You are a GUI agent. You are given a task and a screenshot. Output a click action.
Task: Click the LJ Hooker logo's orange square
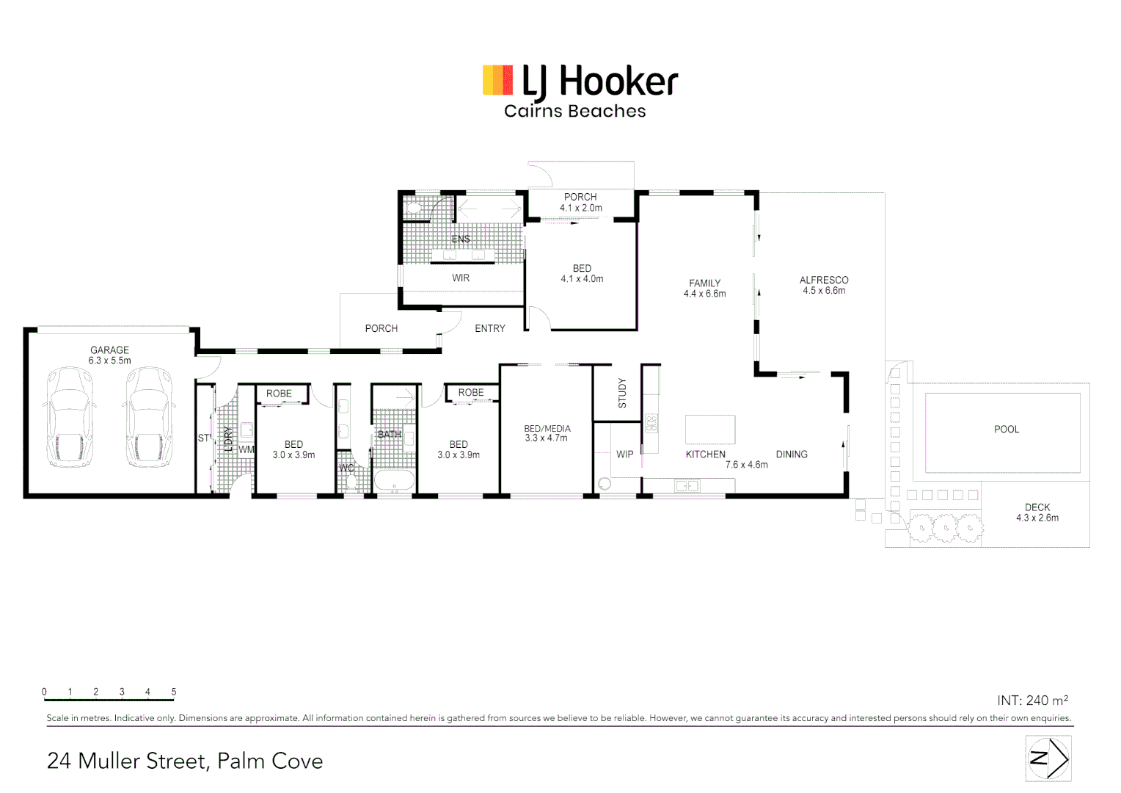click(x=497, y=80)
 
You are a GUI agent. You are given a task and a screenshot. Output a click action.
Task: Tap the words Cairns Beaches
click(x=574, y=112)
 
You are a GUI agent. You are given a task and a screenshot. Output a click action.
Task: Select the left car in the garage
click(x=70, y=417)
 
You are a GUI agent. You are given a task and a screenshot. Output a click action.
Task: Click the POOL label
click(x=1006, y=430)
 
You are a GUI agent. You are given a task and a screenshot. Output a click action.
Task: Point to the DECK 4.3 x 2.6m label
click(x=1037, y=513)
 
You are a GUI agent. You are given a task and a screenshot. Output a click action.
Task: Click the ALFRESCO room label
click(x=823, y=286)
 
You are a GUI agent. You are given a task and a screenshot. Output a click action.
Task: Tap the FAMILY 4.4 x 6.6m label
click(x=704, y=289)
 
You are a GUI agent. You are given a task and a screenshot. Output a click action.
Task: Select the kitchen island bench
click(x=709, y=429)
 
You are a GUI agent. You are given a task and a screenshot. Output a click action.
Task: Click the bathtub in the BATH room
click(x=395, y=482)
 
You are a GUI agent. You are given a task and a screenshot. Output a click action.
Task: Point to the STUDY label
click(x=622, y=393)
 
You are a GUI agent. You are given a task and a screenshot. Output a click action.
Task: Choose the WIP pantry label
click(x=624, y=455)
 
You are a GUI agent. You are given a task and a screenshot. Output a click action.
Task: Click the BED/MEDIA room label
click(x=547, y=433)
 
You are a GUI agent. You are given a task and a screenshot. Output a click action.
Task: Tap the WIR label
click(x=461, y=278)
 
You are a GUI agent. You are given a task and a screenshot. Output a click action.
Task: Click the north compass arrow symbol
click(x=1048, y=758)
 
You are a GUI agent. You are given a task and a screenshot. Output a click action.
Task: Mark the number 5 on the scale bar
click(x=174, y=692)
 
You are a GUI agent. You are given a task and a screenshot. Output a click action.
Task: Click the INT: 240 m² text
click(x=1032, y=700)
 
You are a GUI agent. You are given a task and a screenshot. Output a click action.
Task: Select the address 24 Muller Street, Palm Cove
click(x=185, y=761)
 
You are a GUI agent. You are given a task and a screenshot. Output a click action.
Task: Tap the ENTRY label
click(x=489, y=329)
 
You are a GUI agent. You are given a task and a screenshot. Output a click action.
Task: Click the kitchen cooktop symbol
click(x=651, y=423)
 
